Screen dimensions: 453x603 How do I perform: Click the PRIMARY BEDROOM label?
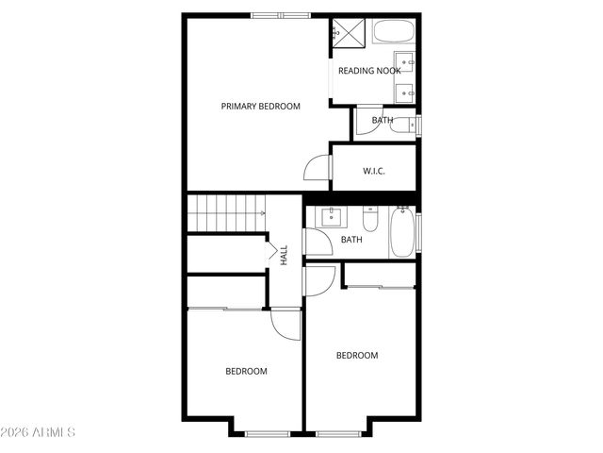[260, 107]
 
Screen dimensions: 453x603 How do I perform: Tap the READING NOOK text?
[369, 71]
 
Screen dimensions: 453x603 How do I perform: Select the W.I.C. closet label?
[374, 171]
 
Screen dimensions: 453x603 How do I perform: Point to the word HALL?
[284, 255]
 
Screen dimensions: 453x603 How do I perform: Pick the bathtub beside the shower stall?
[393, 31]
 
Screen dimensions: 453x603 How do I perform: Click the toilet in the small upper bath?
[402, 124]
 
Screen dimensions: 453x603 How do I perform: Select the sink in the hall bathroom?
[331, 217]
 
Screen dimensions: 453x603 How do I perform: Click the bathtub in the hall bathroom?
[402, 232]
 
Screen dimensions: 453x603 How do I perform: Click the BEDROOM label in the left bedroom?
[246, 372]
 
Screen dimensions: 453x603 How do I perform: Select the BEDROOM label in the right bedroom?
[357, 356]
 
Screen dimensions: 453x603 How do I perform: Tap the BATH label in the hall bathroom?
[351, 240]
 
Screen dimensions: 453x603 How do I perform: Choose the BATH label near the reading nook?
[382, 121]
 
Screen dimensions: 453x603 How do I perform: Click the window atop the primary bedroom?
[280, 15]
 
